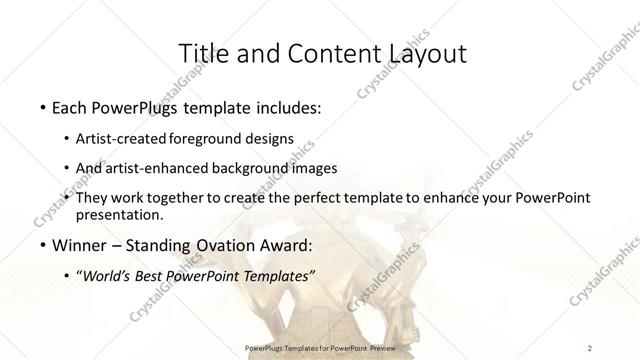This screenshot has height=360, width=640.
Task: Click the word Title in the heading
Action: click(202, 53)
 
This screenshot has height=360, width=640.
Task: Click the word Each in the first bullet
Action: click(68, 106)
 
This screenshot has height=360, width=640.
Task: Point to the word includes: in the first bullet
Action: click(285, 106)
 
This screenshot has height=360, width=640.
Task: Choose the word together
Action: click(176, 198)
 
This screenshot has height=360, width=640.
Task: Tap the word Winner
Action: click(75, 244)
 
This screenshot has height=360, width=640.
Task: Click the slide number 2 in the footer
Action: click(590, 347)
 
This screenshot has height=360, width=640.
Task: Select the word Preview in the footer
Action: click(381, 347)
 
